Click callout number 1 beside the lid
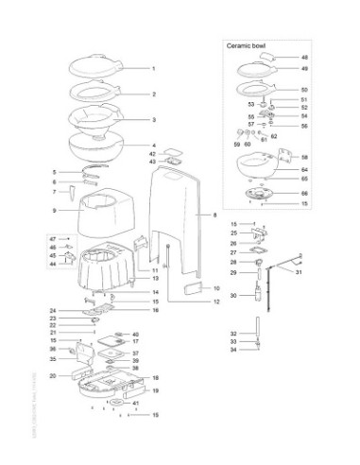[153, 69]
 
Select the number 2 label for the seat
[153, 95]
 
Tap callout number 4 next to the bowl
[153, 145]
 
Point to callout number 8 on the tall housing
[201, 215]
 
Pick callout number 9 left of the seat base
[56, 210]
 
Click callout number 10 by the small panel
[215, 287]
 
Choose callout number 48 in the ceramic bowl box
[304, 58]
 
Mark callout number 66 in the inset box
[304, 192]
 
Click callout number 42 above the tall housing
[151, 153]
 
